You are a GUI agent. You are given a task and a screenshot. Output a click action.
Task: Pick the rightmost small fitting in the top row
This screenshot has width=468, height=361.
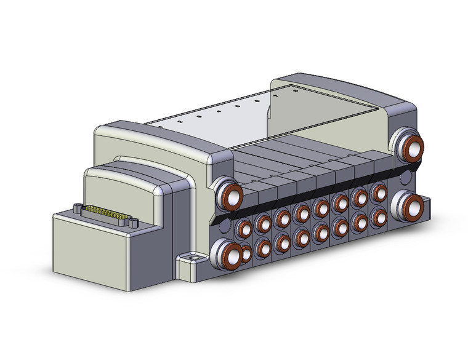[377, 191]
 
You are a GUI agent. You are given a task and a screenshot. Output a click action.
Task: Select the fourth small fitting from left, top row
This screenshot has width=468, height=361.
[302, 213]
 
